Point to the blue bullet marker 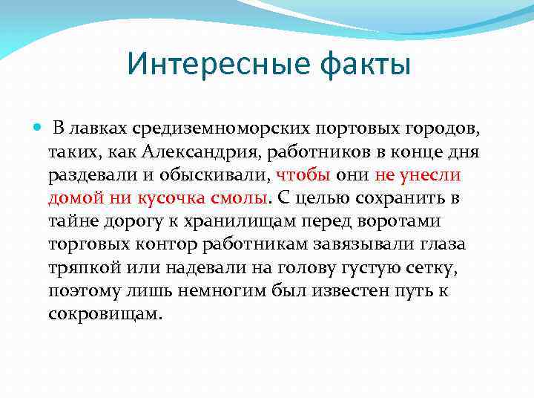[x=39, y=128]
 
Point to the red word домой [x=69, y=198]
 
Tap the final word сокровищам [x=104, y=313]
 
